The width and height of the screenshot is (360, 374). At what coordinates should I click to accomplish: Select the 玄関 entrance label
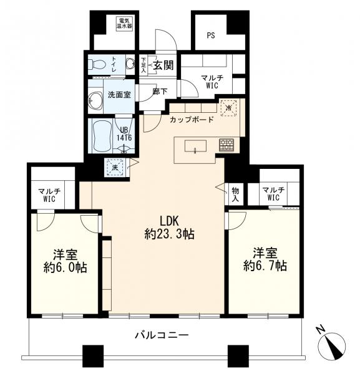point(163,64)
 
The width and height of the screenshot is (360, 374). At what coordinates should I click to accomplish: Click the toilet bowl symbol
point(97,64)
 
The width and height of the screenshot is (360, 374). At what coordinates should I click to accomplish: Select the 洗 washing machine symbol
point(114,166)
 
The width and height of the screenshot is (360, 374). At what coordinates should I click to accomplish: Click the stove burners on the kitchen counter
point(225,145)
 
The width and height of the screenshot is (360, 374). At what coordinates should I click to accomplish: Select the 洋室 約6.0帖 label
point(64,261)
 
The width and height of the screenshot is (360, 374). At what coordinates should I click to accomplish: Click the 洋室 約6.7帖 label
point(265,260)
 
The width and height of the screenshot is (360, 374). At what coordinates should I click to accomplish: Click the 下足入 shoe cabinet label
point(144,64)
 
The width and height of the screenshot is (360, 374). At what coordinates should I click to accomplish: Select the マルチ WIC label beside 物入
point(273,194)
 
